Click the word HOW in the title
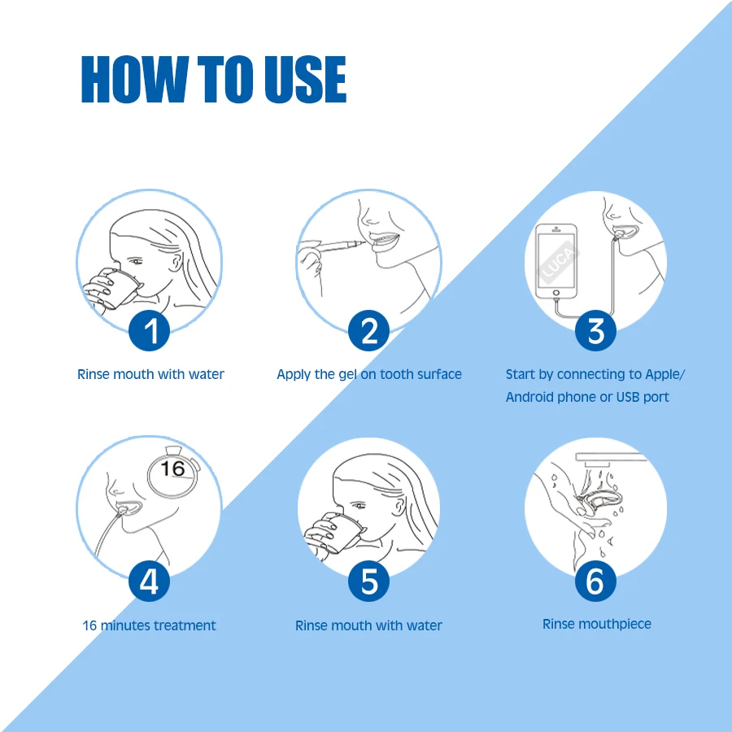click(135, 79)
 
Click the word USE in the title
click(305, 79)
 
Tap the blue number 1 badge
click(150, 330)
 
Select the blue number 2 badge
click(368, 330)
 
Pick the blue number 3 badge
click(595, 330)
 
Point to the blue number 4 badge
click(150, 582)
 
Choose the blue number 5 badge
click(368, 582)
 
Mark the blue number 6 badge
click(595, 582)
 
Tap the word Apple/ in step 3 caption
click(665, 374)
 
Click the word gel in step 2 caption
click(346, 374)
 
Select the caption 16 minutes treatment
click(149, 625)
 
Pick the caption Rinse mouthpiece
click(597, 624)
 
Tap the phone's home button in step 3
click(556, 293)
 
